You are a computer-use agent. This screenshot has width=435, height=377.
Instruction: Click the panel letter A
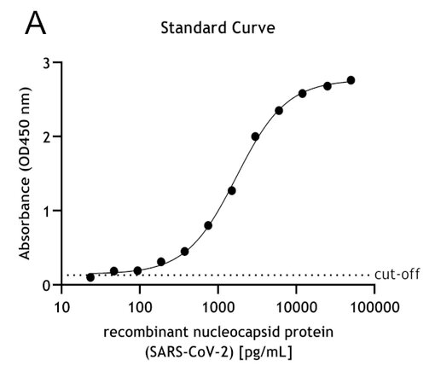tap(35, 23)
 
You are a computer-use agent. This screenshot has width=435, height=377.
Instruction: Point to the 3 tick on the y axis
tap(48, 63)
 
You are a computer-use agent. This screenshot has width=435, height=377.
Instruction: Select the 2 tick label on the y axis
tap(48, 136)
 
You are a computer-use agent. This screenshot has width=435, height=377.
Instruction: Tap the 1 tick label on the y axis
tap(48, 211)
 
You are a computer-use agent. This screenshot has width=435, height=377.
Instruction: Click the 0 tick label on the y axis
tap(48, 285)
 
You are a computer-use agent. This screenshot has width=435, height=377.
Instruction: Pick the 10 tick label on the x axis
tap(61, 305)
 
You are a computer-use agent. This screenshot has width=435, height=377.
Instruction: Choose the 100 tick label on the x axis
tap(139, 305)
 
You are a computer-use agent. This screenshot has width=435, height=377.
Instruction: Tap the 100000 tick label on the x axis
tap(374, 305)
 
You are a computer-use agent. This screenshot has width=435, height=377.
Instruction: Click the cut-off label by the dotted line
tap(397, 275)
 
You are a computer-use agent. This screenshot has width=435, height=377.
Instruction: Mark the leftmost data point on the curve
tap(90, 277)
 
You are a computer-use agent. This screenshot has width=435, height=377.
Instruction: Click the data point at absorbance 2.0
tap(255, 136)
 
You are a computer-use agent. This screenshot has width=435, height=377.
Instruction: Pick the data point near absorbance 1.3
tap(231, 190)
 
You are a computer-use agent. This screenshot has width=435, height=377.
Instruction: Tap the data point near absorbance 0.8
tap(208, 225)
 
